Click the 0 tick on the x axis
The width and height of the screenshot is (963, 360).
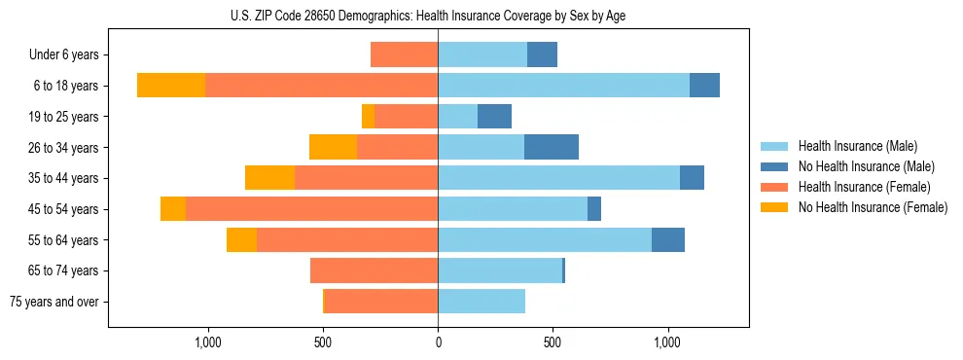(x=438, y=342)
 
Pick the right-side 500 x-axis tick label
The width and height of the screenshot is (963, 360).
(x=553, y=342)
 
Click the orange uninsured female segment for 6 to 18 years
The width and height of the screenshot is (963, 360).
(x=171, y=86)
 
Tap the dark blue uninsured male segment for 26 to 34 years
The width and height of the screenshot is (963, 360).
(x=552, y=147)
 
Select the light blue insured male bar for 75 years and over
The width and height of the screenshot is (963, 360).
(x=481, y=302)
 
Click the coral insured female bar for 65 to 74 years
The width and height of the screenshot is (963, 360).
(x=374, y=270)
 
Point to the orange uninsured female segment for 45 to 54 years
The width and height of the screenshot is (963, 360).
(x=173, y=209)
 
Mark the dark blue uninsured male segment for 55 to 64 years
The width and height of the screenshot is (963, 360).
(x=668, y=239)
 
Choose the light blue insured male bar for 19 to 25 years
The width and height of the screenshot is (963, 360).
(x=458, y=117)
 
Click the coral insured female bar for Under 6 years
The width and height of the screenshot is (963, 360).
(x=405, y=54)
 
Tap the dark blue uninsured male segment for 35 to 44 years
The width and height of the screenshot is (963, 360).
(x=692, y=178)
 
